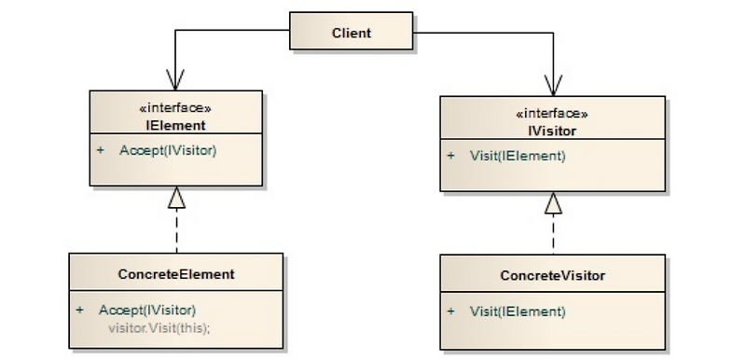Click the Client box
tap(351, 32)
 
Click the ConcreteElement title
tap(175, 274)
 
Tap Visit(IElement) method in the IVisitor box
tap(518, 156)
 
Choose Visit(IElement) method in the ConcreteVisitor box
tap(518, 311)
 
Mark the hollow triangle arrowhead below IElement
tap(176, 197)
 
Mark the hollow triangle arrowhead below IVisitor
tap(554, 202)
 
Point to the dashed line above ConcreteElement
tap(176, 230)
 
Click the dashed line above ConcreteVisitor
tap(554, 233)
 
